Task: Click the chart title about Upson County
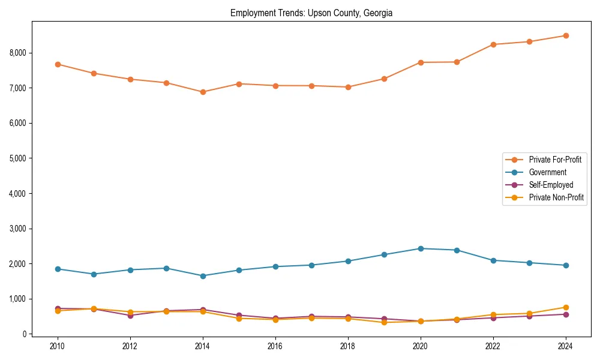311,13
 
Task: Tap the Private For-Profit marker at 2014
203,92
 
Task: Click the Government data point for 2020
421,248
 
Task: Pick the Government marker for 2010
58,269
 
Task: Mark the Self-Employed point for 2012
130,316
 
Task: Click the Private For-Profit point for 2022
493,44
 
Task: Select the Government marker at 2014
203,276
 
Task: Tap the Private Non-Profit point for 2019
384,322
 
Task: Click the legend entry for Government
547,172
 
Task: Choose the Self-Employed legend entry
551,185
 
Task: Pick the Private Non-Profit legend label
556,197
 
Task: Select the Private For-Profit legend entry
554,160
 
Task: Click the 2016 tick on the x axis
275,346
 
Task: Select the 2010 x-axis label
58,346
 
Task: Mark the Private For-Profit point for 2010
58,64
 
